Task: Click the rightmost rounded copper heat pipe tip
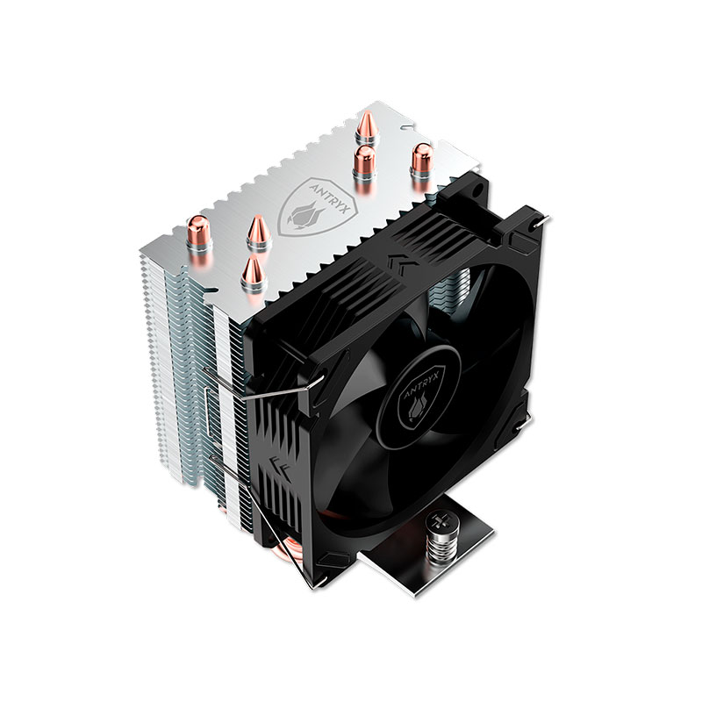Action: (421, 159)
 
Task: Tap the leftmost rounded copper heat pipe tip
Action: (199, 232)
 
